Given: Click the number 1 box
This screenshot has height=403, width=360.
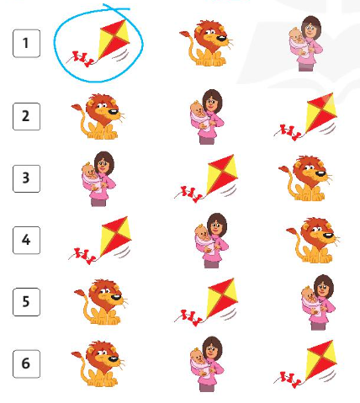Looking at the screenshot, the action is click(26, 44).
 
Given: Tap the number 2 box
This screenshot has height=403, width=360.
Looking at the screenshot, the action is click(26, 116).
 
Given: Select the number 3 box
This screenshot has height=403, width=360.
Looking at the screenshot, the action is click(26, 178).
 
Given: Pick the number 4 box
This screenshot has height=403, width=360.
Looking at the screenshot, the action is click(26, 241).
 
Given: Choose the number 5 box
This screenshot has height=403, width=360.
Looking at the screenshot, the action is click(26, 302).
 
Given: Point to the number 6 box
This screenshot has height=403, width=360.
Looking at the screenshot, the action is click(26, 363).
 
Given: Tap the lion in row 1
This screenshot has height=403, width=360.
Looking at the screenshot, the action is click(207, 43).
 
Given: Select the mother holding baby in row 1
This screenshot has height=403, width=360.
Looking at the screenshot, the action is click(305, 44).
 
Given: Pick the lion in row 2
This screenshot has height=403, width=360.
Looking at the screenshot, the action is click(98, 116).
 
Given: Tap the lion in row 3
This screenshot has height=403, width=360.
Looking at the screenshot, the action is click(305, 178).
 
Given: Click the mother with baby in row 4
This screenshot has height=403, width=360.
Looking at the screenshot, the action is click(212, 241).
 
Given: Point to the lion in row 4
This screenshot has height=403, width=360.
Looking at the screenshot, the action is click(313, 240).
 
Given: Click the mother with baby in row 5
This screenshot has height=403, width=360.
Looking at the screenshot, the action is click(318, 302).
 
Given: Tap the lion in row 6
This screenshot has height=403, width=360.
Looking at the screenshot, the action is click(98, 363).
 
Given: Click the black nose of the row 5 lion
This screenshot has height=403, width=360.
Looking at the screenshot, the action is click(116, 297).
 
